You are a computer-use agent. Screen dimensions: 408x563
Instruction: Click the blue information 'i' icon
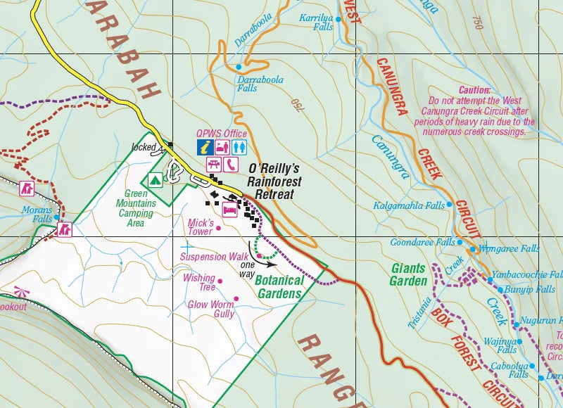[x=204, y=147]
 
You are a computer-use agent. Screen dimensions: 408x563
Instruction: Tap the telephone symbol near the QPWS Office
[x=232, y=165]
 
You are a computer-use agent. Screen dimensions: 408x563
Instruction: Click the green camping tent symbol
[x=154, y=179]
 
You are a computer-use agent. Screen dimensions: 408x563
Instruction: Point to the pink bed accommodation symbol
[x=229, y=210]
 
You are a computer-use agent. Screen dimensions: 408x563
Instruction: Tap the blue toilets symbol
[x=239, y=147]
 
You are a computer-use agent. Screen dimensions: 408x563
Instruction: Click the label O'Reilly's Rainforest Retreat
[x=274, y=181]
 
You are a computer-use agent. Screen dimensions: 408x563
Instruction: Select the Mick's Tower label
[x=200, y=227]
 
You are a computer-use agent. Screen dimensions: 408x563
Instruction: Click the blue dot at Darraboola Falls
[x=239, y=67]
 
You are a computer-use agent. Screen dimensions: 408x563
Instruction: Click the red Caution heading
[x=474, y=90]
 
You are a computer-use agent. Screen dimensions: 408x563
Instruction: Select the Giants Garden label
[x=408, y=274]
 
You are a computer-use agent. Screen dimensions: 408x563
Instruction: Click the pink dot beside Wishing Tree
[x=220, y=281]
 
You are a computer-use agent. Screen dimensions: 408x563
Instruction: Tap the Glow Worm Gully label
[x=211, y=310]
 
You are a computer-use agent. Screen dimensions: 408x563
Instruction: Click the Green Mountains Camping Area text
[x=136, y=208]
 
